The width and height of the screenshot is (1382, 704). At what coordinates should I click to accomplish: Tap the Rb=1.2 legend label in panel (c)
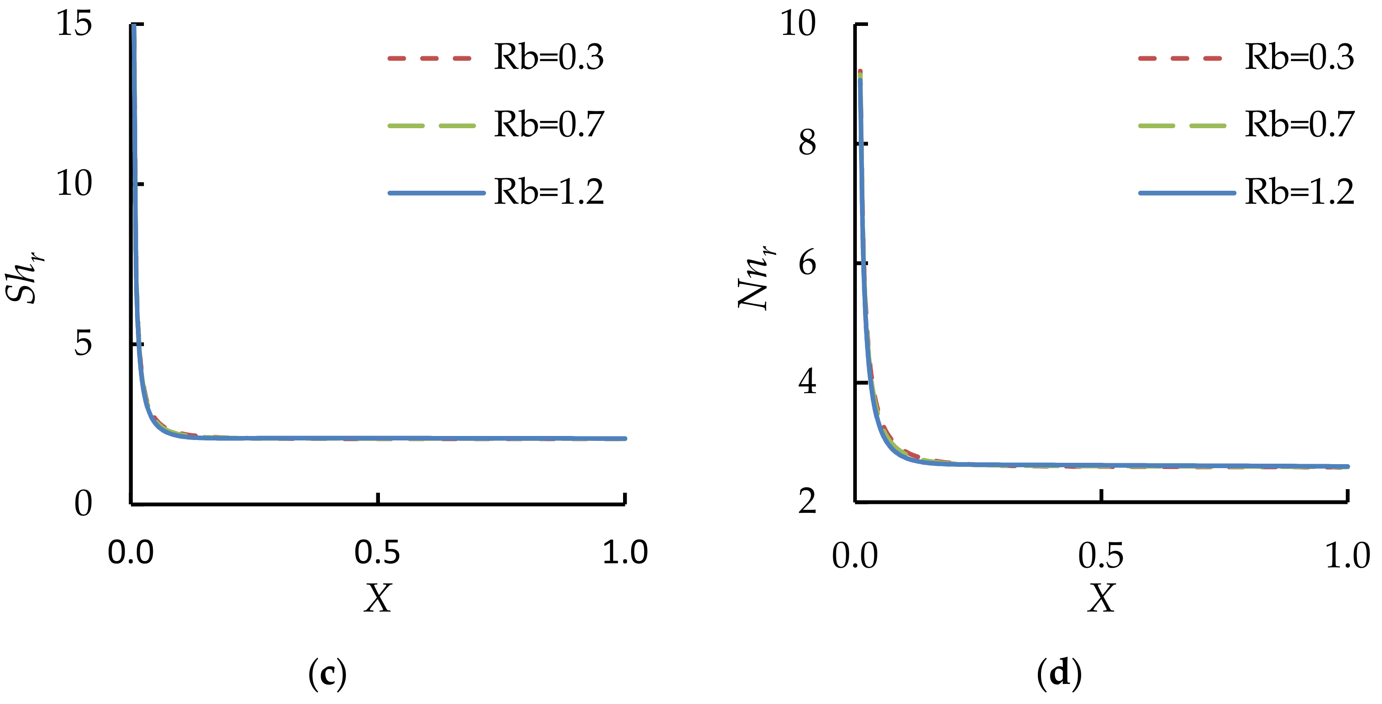point(548,192)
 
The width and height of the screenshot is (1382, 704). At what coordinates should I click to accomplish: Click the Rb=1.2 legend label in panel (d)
point(1299,192)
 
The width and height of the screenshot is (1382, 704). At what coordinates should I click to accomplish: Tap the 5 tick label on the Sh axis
point(83,343)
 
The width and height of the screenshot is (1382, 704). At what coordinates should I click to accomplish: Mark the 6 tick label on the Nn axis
point(807,263)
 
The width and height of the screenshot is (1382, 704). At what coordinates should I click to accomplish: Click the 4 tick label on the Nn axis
point(807,382)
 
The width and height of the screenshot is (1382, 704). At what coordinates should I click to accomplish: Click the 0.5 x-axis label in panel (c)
point(377,553)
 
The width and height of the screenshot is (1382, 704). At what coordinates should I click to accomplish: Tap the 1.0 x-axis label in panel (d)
point(1347,556)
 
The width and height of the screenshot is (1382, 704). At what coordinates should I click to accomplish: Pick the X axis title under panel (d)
point(1101,599)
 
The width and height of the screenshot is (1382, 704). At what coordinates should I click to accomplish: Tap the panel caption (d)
point(1058,674)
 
